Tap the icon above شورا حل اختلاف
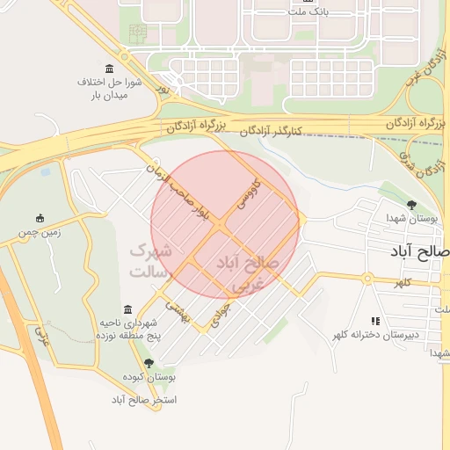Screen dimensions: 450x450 click(x=109, y=69)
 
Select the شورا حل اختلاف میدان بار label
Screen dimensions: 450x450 click(x=105, y=88)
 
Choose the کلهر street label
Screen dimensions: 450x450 click(x=403, y=282)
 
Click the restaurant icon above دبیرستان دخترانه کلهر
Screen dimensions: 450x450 click(x=376, y=322)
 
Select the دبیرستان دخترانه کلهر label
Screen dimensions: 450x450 click(x=376, y=335)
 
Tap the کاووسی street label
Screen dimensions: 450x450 click(x=247, y=196)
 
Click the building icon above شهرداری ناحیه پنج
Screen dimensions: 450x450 click(x=128, y=309)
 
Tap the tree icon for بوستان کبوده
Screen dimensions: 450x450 click(x=148, y=362)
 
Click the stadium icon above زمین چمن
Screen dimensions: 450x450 click(x=40, y=218)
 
